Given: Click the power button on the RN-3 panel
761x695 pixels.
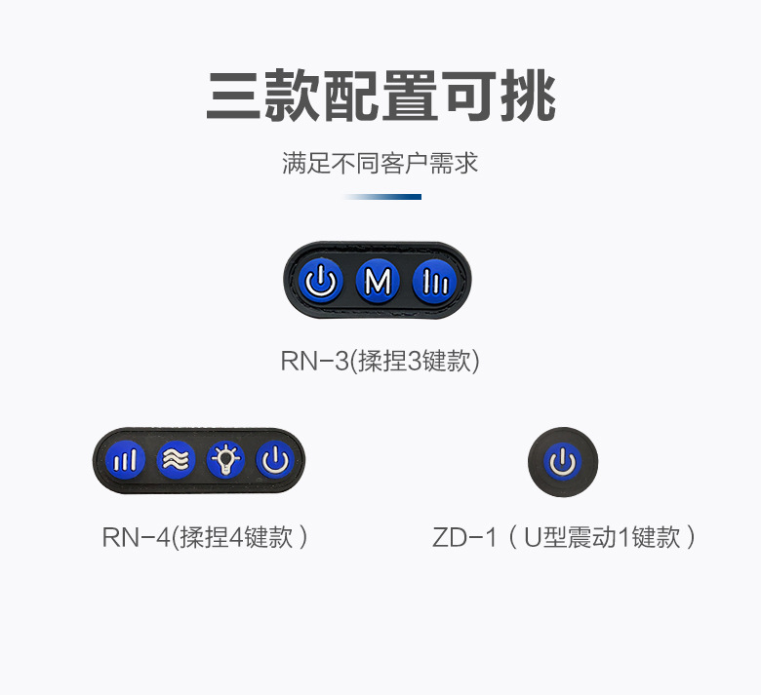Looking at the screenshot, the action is tap(322, 283).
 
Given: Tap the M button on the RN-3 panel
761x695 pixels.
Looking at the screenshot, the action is tap(378, 283).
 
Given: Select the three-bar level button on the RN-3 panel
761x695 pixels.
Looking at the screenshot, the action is tap(434, 283).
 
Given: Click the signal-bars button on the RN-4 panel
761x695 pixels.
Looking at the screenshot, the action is tap(125, 459).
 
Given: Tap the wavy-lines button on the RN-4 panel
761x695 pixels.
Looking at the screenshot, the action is tap(175, 459).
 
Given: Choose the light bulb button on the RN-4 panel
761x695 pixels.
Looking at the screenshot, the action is tap(225, 459).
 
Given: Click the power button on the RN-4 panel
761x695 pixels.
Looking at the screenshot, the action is tap(275, 459).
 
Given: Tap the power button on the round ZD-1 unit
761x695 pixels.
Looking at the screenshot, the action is tap(563, 462).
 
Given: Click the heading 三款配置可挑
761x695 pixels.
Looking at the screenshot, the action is tap(380, 97).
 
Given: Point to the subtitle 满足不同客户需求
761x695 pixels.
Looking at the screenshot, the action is tap(380, 163).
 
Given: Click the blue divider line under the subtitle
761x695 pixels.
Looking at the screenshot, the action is tap(382, 197).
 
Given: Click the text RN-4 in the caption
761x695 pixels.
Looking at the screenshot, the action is tap(136, 537).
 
